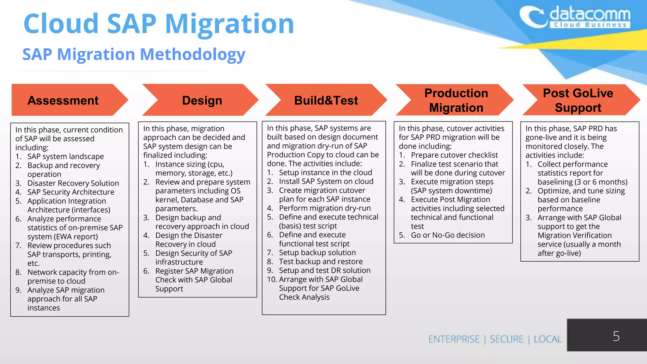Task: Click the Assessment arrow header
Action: (63, 100)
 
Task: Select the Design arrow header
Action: (202, 100)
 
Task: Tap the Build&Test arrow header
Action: (326, 100)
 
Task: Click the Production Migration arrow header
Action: (456, 100)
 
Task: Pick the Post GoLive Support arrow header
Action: (578, 100)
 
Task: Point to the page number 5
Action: (616, 336)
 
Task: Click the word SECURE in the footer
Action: (506, 339)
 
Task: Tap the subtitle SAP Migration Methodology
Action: (134, 54)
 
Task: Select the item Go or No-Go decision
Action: (448, 235)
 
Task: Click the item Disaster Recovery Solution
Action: (73, 183)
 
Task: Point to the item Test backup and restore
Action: (321, 262)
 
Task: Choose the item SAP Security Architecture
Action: (71, 192)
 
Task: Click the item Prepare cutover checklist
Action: (454, 155)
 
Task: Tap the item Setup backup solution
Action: (317, 253)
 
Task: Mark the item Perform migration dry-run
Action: (325, 208)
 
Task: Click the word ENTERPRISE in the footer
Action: (454, 339)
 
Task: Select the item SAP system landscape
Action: (65, 156)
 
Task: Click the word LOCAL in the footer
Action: (547, 339)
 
